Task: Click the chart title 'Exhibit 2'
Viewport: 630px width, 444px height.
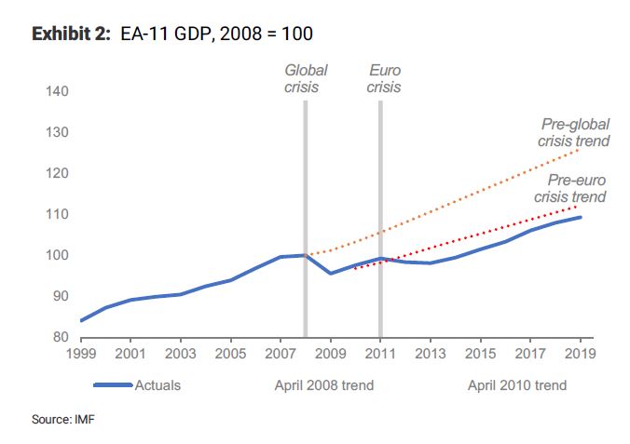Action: (x=70, y=34)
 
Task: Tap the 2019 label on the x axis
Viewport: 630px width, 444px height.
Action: (x=580, y=355)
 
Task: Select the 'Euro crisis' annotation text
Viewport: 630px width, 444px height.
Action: (x=383, y=78)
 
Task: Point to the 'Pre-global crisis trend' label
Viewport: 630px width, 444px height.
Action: (x=574, y=133)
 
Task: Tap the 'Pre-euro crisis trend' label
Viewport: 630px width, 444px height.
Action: (x=571, y=189)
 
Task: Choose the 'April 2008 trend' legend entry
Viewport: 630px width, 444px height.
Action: (x=323, y=385)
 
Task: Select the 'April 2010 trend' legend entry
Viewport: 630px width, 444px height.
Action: (x=516, y=385)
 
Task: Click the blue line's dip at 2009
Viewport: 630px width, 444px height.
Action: (x=331, y=273)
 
